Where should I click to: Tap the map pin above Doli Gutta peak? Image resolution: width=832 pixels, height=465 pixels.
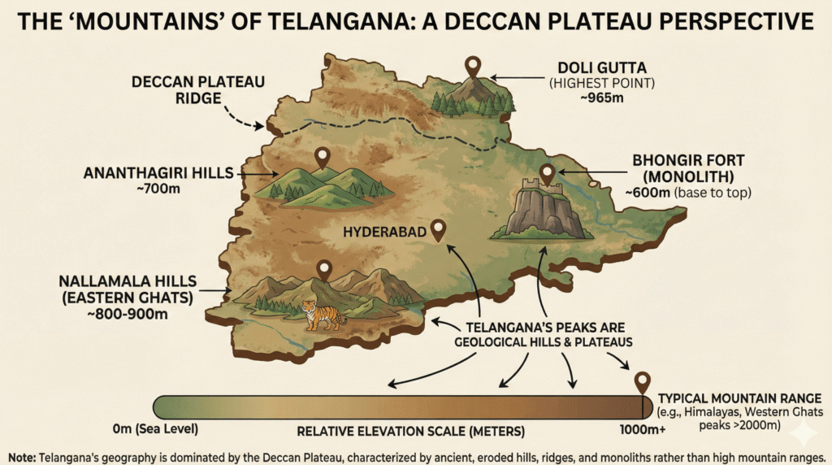click(473, 66)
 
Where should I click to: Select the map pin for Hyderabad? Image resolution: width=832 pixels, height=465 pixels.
click(439, 230)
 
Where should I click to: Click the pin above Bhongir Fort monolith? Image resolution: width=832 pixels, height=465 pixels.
click(547, 173)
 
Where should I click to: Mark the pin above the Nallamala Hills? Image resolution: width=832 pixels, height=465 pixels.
click(324, 269)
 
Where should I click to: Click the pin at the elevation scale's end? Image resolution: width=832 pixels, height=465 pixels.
click(642, 381)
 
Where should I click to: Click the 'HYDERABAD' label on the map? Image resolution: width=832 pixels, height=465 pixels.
click(384, 232)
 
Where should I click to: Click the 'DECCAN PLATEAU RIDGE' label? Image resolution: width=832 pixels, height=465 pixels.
click(178, 89)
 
